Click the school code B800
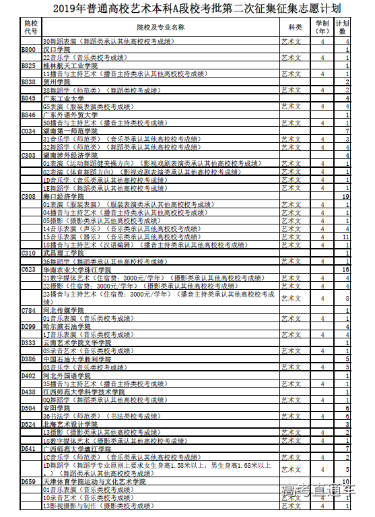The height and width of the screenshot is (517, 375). tap(28, 50)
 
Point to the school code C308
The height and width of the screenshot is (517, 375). tap(28, 196)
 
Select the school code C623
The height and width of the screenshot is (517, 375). tap(28, 269)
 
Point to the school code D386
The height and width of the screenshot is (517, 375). tap(28, 359)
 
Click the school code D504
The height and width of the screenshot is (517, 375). tap(28, 408)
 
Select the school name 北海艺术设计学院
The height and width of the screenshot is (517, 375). tap(69, 424)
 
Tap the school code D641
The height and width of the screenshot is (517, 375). tap(28, 448)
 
